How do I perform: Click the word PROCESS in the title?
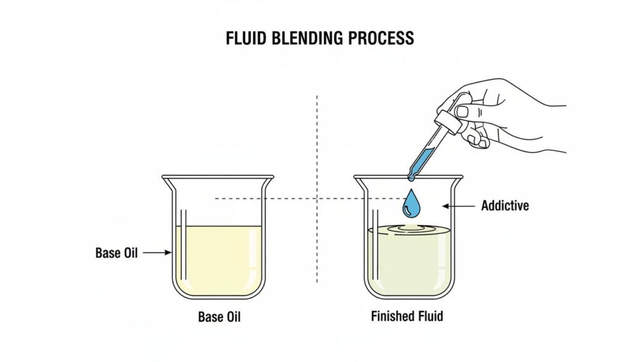tap(382, 38)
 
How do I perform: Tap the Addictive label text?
tap(505, 205)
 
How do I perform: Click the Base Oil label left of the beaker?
tap(117, 252)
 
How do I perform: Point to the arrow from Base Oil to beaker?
tap(159, 252)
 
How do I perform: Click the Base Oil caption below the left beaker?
tap(219, 317)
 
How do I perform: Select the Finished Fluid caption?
tap(407, 316)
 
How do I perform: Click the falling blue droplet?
tap(410, 205)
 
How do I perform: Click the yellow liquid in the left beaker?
tap(219, 260)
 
